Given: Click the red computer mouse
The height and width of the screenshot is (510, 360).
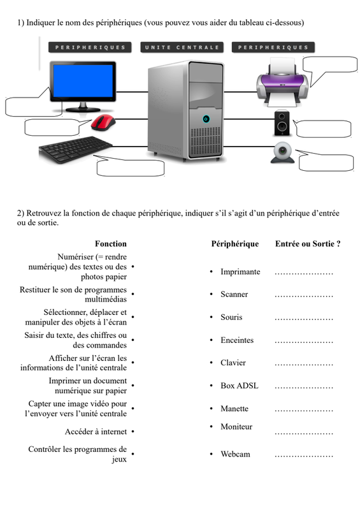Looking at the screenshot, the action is tap(103, 122).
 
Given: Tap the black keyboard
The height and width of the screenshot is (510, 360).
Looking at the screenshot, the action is tap(75, 149).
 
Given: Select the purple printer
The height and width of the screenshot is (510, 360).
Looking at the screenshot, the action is tap(282, 83).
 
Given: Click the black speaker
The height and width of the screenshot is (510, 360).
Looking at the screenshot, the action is tap(282, 123).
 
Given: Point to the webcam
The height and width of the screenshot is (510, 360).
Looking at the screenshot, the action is tap(282, 152).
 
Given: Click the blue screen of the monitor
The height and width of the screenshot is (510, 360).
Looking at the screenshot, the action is tap(83, 81).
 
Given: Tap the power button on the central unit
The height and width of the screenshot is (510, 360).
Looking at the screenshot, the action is tap(206, 119).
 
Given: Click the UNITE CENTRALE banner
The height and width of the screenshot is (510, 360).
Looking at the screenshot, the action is tap(182, 47).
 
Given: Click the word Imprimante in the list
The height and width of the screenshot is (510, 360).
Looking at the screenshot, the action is tap(240, 272).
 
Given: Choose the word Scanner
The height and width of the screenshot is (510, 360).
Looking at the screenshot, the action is tap(234, 295).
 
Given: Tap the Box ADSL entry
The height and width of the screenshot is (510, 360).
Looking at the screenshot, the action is tap(240, 386).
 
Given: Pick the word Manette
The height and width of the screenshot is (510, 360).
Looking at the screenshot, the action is tap(234, 409).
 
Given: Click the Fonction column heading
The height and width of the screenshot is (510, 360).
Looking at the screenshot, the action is tap(111, 244).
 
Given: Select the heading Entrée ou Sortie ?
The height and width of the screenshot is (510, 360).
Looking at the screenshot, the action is tap(308, 244).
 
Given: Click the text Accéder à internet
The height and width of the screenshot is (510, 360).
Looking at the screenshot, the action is tap(96, 432).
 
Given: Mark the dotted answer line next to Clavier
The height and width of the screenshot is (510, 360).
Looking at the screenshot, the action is tap(304, 365).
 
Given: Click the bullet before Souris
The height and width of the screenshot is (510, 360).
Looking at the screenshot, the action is tap(212, 317).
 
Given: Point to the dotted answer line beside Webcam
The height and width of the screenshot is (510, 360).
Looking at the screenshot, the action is tap(304, 456).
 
